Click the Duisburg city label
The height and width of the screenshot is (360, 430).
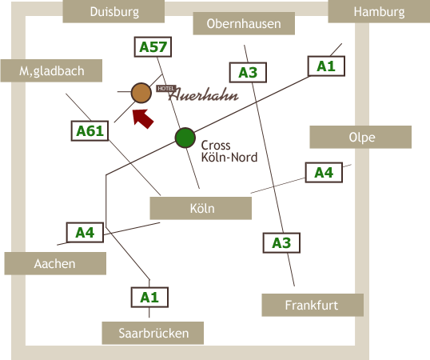point(113,11)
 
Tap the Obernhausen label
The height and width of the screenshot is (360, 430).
point(244,23)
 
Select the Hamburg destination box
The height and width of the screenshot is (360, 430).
point(379,11)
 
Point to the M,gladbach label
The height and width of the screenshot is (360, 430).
point(51,70)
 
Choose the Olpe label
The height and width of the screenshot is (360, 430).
point(360,137)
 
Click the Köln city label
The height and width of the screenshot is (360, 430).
point(201,208)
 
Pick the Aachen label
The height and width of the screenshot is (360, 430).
point(55,264)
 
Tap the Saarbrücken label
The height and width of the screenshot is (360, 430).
point(153,333)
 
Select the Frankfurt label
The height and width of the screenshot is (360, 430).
point(313,305)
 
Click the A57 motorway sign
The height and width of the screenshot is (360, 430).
point(153,47)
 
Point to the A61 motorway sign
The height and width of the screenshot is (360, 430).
point(90,131)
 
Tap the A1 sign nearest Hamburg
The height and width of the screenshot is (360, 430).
point(326,66)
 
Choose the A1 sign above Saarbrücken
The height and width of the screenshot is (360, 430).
point(149,297)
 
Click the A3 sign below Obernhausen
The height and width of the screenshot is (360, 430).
point(248,73)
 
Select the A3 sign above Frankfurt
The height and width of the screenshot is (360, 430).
point(281,243)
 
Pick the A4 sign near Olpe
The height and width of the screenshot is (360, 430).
point(324,172)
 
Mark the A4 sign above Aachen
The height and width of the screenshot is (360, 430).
point(85,233)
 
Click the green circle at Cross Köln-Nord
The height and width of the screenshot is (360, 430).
point(185,138)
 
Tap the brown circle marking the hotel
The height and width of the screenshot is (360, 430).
point(141,93)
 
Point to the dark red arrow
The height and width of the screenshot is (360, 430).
point(142,118)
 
